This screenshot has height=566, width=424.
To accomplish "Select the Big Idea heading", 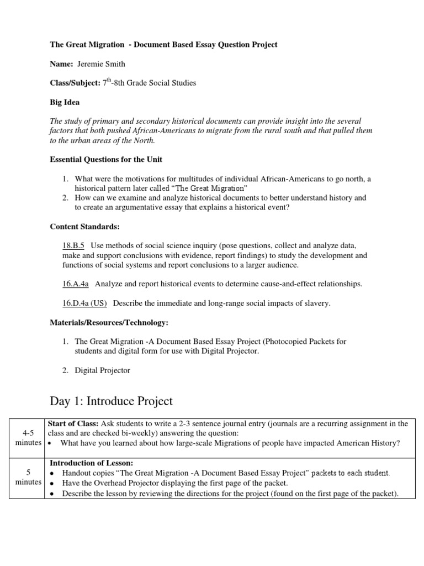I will (x=65, y=102).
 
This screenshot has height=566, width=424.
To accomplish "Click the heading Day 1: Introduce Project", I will (x=112, y=401).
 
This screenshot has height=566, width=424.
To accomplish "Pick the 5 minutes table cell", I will (x=28, y=477).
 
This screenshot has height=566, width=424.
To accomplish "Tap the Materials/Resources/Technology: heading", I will (x=109, y=322).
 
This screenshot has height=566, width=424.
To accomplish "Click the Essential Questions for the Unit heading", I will (x=106, y=160).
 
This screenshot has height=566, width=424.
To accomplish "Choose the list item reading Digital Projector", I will (x=102, y=370).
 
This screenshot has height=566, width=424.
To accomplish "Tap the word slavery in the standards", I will (x=317, y=302).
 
